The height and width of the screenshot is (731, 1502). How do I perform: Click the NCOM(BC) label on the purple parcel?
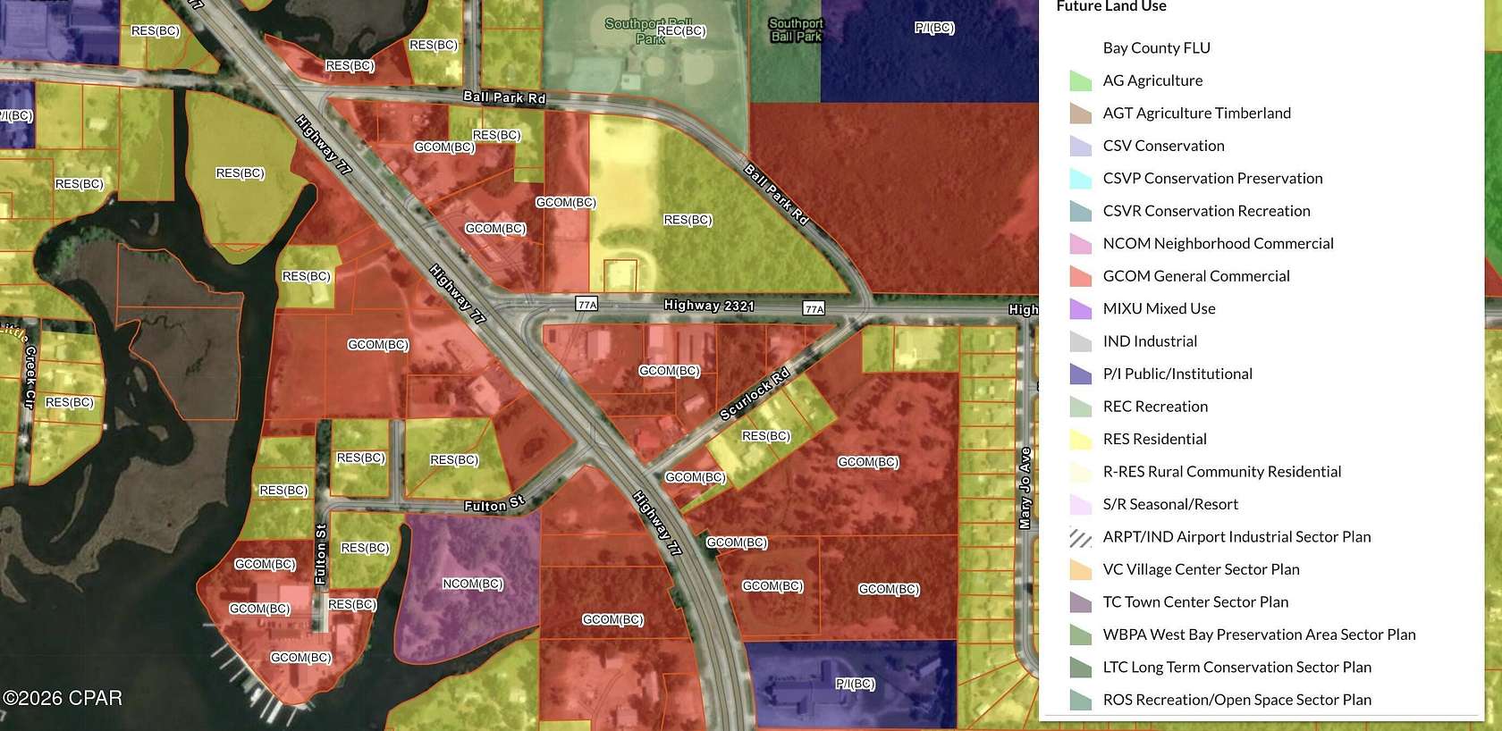tap(473, 584)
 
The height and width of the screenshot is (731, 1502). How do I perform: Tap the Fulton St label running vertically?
tap(321, 554)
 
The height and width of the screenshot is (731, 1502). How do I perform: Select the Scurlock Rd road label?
tap(755, 393)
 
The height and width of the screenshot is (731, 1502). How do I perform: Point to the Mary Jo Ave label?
tap(1025, 488)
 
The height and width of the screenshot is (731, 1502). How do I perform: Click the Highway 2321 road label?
tap(709, 306)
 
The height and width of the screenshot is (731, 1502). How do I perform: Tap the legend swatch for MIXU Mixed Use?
tap(1081, 309)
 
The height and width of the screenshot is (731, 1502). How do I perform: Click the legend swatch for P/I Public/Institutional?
tap(1081, 374)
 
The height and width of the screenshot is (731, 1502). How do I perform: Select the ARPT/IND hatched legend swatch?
tap(1081, 537)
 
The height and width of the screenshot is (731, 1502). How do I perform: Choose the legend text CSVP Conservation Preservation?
tap(1212, 178)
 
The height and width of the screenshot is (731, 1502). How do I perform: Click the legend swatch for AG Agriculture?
tap(1081, 81)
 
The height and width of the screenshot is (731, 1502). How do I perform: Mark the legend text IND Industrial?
tap(1150, 341)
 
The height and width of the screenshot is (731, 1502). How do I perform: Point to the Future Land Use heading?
tap(1111, 7)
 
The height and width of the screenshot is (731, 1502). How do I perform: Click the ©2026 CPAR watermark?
tap(63, 698)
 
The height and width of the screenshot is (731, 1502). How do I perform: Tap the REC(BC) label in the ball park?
tap(681, 31)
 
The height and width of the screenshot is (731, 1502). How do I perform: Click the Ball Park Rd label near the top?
tap(504, 97)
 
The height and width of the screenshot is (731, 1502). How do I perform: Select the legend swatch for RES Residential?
tap(1081, 440)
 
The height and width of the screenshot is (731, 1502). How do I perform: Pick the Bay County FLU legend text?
tap(1156, 48)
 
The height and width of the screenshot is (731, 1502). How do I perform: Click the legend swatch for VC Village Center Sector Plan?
tap(1081, 570)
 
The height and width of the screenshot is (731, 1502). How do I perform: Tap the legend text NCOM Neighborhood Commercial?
tap(1218, 243)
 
